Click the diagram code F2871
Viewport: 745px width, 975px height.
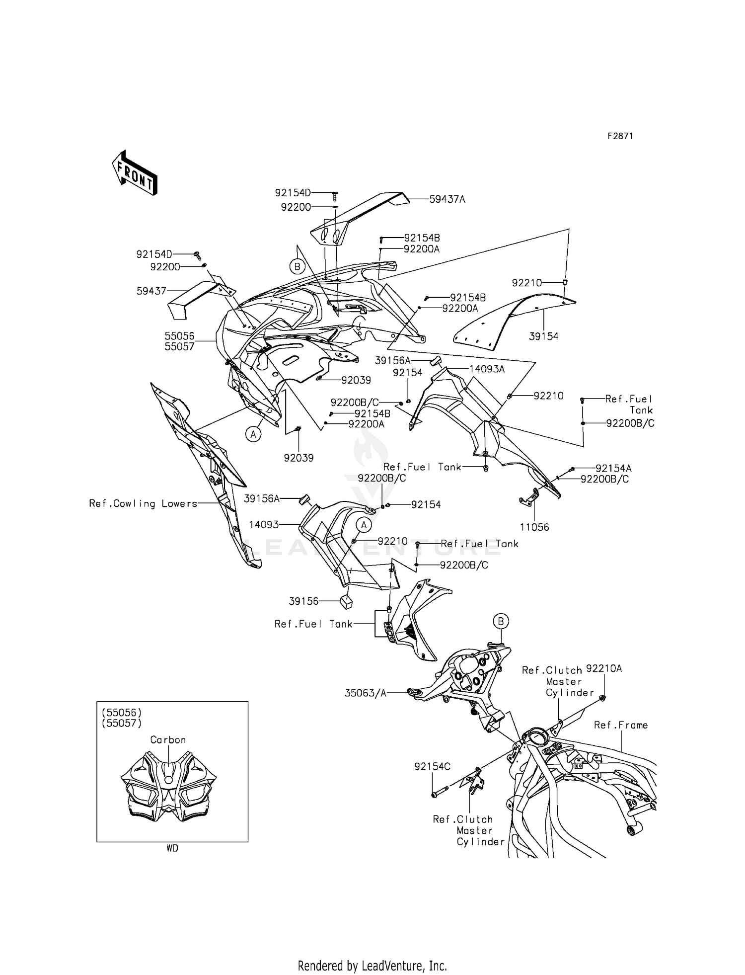pyautogui.click(x=620, y=136)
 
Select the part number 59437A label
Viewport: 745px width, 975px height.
pyautogui.click(x=447, y=199)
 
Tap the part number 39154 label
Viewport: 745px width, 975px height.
pyautogui.click(x=543, y=336)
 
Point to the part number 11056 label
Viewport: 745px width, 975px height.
pyautogui.click(x=534, y=527)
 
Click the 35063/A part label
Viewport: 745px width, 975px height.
pyautogui.click(x=365, y=693)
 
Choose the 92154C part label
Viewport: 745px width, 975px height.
pyautogui.click(x=432, y=767)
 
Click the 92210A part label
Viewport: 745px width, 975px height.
pyautogui.click(x=604, y=668)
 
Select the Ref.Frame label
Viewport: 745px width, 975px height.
pyautogui.click(x=621, y=725)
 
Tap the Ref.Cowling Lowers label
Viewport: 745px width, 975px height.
pyautogui.click(x=143, y=503)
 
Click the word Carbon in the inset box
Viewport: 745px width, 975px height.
pyautogui.click(x=168, y=739)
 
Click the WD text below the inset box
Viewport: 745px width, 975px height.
pyautogui.click(x=172, y=848)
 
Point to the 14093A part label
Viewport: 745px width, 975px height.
pyautogui.click(x=487, y=369)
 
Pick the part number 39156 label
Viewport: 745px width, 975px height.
pyautogui.click(x=303, y=601)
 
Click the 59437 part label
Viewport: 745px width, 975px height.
pyautogui.click(x=151, y=291)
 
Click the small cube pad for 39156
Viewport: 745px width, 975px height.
pyautogui.click(x=346, y=601)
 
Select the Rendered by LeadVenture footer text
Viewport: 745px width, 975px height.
pyautogui.click(x=372, y=966)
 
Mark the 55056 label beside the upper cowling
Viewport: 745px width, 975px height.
pyautogui.click(x=179, y=336)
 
